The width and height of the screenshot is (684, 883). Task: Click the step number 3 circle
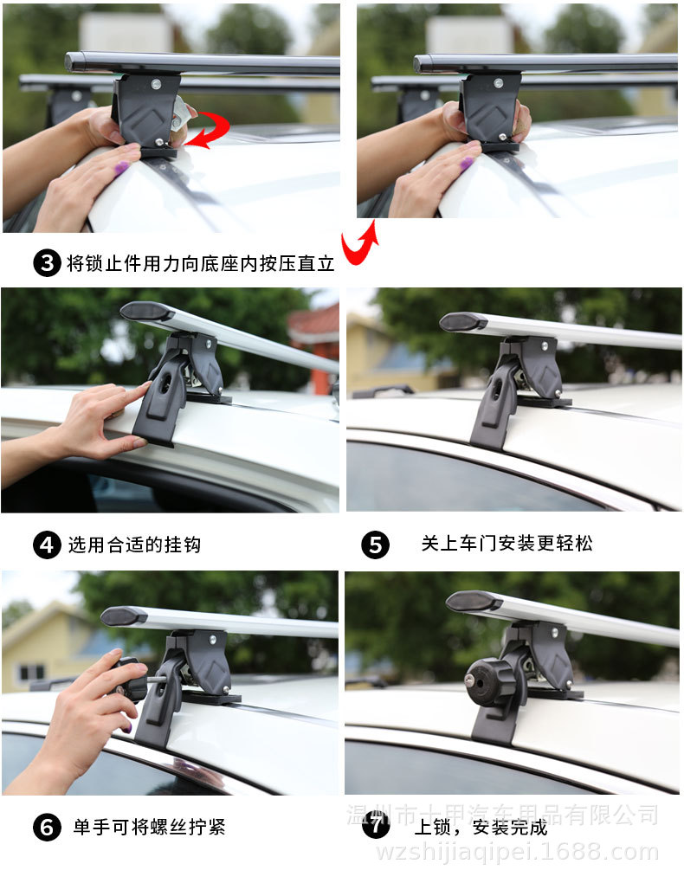[47, 263]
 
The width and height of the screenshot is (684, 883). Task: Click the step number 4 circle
[47, 545]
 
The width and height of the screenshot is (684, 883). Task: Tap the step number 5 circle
[375, 545]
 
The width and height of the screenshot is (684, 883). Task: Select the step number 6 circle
[47, 827]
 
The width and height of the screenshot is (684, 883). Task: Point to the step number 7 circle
[375, 824]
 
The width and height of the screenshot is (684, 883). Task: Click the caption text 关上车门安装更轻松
[507, 544]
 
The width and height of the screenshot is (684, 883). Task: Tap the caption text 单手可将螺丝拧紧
[148, 827]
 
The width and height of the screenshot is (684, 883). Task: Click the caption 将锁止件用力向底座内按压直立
[200, 263]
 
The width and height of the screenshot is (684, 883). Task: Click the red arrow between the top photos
[358, 243]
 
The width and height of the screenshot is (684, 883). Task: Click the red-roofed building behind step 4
[313, 330]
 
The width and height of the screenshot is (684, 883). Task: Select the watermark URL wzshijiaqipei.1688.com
[517, 852]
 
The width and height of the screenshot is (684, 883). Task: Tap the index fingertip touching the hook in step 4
[145, 388]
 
